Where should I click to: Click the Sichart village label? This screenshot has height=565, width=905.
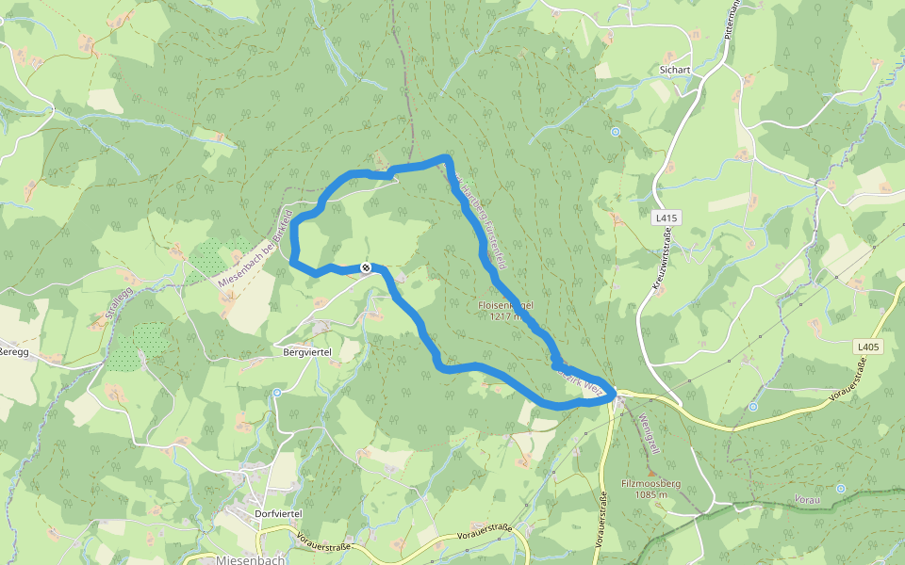point(676,70)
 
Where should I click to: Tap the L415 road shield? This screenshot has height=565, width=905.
point(666,218)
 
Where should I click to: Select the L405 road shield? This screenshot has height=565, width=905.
point(868,347)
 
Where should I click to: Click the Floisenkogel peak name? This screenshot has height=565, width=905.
point(506,305)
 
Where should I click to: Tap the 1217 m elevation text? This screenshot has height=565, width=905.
point(506,316)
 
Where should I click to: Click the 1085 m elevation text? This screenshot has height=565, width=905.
point(650,495)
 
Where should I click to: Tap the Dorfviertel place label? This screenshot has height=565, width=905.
point(278,513)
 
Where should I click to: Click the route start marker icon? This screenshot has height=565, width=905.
point(366,268)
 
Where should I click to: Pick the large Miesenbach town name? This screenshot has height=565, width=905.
point(251,559)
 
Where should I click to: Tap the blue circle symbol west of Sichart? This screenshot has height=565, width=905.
point(615,132)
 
